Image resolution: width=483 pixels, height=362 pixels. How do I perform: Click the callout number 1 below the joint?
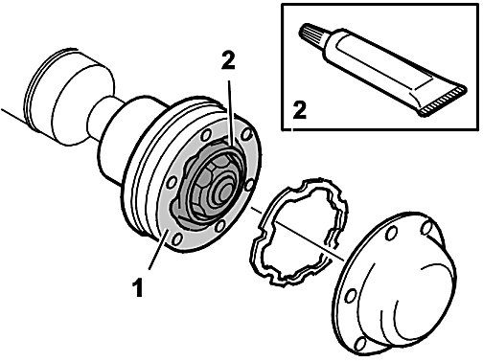[x=138, y=287]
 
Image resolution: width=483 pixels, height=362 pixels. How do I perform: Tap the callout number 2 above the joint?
[x=228, y=59]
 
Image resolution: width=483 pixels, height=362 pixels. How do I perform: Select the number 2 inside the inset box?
[x=299, y=110]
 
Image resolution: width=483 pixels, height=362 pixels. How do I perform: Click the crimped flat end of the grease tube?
[x=443, y=102]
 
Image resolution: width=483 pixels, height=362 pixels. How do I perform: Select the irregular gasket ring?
[x=299, y=231]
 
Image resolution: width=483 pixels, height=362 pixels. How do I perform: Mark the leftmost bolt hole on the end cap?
[x=351, y=295]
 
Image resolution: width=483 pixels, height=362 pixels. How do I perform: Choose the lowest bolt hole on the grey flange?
[x=177, y=238]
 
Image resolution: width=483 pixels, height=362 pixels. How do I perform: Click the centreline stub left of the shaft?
[x=12, y=115]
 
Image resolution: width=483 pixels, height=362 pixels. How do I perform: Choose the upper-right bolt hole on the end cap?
[x=427, y=228]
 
